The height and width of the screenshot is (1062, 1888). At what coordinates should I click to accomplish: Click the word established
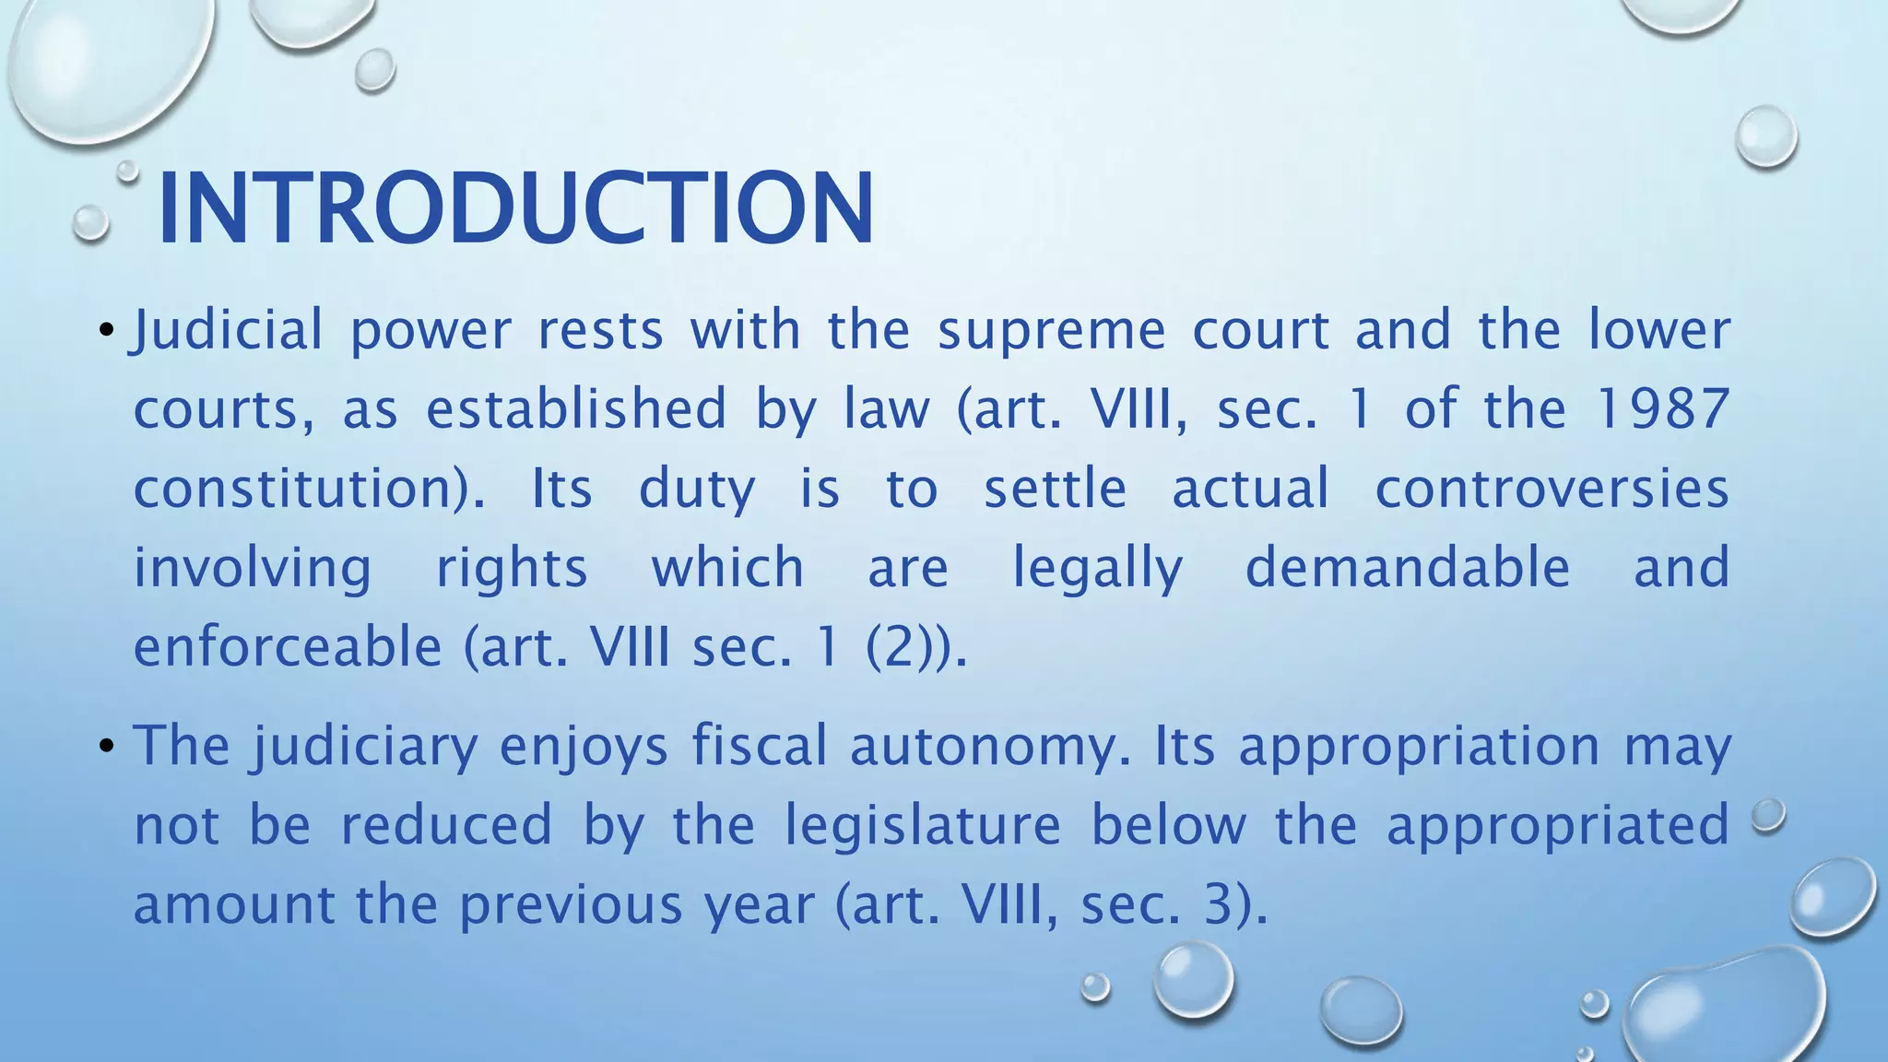tap(576, 409)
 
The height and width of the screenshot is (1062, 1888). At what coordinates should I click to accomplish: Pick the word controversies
tap(1552, 489)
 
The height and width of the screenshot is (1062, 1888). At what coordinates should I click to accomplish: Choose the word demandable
tap(1408, 568)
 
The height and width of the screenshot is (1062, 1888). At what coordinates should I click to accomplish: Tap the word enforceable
tap(288, 647)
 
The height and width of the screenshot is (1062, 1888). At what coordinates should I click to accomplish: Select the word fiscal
tap(760, 746)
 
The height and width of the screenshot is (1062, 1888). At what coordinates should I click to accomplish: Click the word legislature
tap(923, 825)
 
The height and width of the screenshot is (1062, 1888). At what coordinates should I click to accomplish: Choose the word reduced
tap(447, 825)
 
